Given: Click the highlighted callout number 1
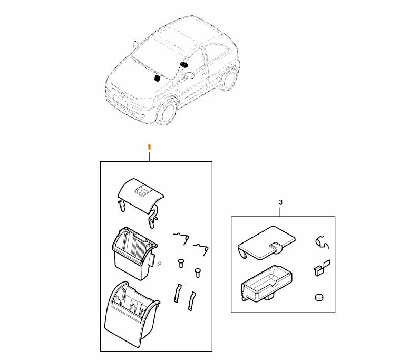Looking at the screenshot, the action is (x=150, y=147).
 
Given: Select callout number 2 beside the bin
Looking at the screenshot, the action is (x=160, y=264).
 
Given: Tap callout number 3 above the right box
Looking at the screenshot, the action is (x=280, y=202).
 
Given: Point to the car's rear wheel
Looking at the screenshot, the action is (x=229, y=79).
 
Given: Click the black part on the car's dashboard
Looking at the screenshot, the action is (x=157, y=79).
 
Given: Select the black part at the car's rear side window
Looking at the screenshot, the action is (x=184, y=65).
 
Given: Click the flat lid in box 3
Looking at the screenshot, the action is (x=266, y=243).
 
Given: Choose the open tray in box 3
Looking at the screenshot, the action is (x=267, y=284).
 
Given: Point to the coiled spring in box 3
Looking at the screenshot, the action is (x=322, y=242).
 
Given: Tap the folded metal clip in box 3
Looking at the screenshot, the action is (x=322, y=268).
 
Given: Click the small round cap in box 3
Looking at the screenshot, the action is (x=319, y=297).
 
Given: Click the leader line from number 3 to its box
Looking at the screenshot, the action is (x=280, y=211).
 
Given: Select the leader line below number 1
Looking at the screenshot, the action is (x=150, y=156).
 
